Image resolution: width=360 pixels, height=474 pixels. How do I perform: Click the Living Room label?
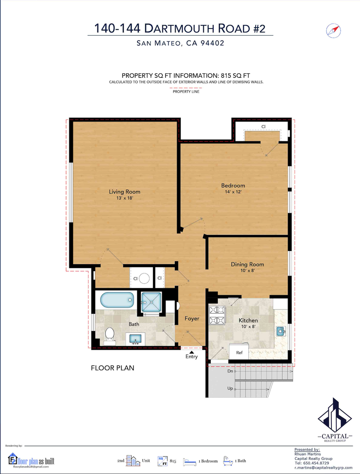pos(125,192)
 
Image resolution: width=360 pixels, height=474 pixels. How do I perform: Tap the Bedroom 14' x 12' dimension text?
pos(233,192)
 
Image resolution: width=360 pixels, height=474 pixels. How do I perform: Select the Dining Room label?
pos(247,264)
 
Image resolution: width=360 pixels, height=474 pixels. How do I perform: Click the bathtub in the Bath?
pos(117,300)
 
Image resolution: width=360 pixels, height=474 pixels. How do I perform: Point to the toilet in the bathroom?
pos(109,336)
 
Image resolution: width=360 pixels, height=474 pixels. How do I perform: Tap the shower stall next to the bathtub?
pos(151,302)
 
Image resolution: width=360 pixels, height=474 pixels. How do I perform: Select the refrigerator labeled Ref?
pos(239,352)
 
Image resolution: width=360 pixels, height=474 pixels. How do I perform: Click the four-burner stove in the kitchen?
pos(217,315)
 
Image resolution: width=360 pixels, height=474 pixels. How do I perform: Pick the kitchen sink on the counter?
pos(281,331)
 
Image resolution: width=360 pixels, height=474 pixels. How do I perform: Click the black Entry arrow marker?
pos(191,352)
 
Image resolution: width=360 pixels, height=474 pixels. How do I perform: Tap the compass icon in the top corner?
pos(333,31)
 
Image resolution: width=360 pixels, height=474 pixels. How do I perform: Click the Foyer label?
pos(192,318)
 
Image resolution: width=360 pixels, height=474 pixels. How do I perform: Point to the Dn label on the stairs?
pos(230,371)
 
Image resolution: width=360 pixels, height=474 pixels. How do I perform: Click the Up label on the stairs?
pos(230,388)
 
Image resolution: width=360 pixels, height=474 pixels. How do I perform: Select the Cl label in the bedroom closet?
pos(263,127)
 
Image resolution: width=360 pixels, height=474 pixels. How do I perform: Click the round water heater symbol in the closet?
pos(144,278)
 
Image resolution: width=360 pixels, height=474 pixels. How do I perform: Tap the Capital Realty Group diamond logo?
pos(335,415)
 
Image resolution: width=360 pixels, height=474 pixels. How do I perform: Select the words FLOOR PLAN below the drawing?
pos(112,368)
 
